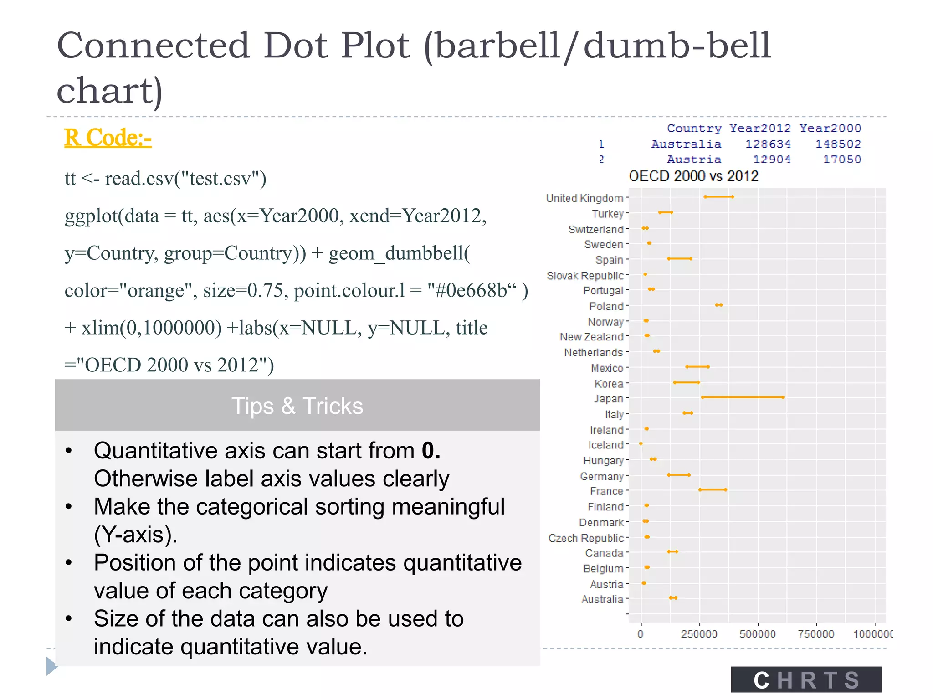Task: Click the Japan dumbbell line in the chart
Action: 743,397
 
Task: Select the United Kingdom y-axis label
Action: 584,198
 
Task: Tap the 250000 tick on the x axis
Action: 699,634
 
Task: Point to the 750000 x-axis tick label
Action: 816,634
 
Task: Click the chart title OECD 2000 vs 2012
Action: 693,176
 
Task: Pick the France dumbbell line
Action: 713,490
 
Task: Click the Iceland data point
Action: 641,443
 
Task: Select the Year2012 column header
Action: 760,129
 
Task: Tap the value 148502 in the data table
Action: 838,144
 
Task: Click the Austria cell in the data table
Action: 694,160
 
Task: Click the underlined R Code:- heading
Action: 108,138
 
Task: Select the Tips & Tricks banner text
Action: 297,406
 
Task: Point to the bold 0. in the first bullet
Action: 431,451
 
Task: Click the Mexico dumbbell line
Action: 697,367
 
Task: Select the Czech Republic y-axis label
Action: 586,538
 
